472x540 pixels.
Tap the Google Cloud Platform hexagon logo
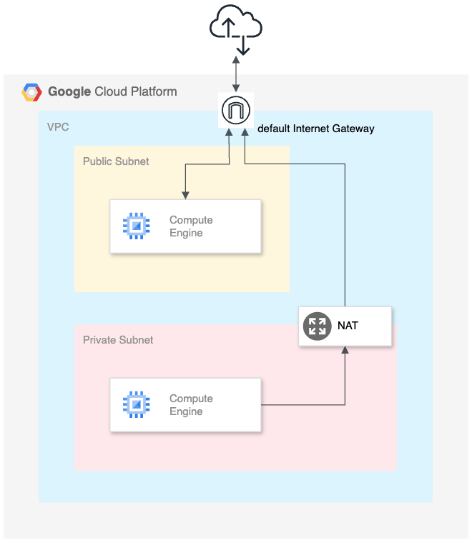point(31,93)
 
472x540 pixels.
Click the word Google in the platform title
point(69,92)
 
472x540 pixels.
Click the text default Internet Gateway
point(315,129)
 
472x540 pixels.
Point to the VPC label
point(58,127)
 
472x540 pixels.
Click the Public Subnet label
point(116,161)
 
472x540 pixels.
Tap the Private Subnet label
point(118,340)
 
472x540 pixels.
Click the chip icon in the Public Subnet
point(136,226)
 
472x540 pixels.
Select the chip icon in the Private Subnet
point(136,405)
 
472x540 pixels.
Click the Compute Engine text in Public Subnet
point(191,226)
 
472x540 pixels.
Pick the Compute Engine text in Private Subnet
point(191,405)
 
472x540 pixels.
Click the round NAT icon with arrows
point(316,326)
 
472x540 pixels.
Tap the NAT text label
point(348,326)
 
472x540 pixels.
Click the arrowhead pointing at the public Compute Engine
point(185,195)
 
